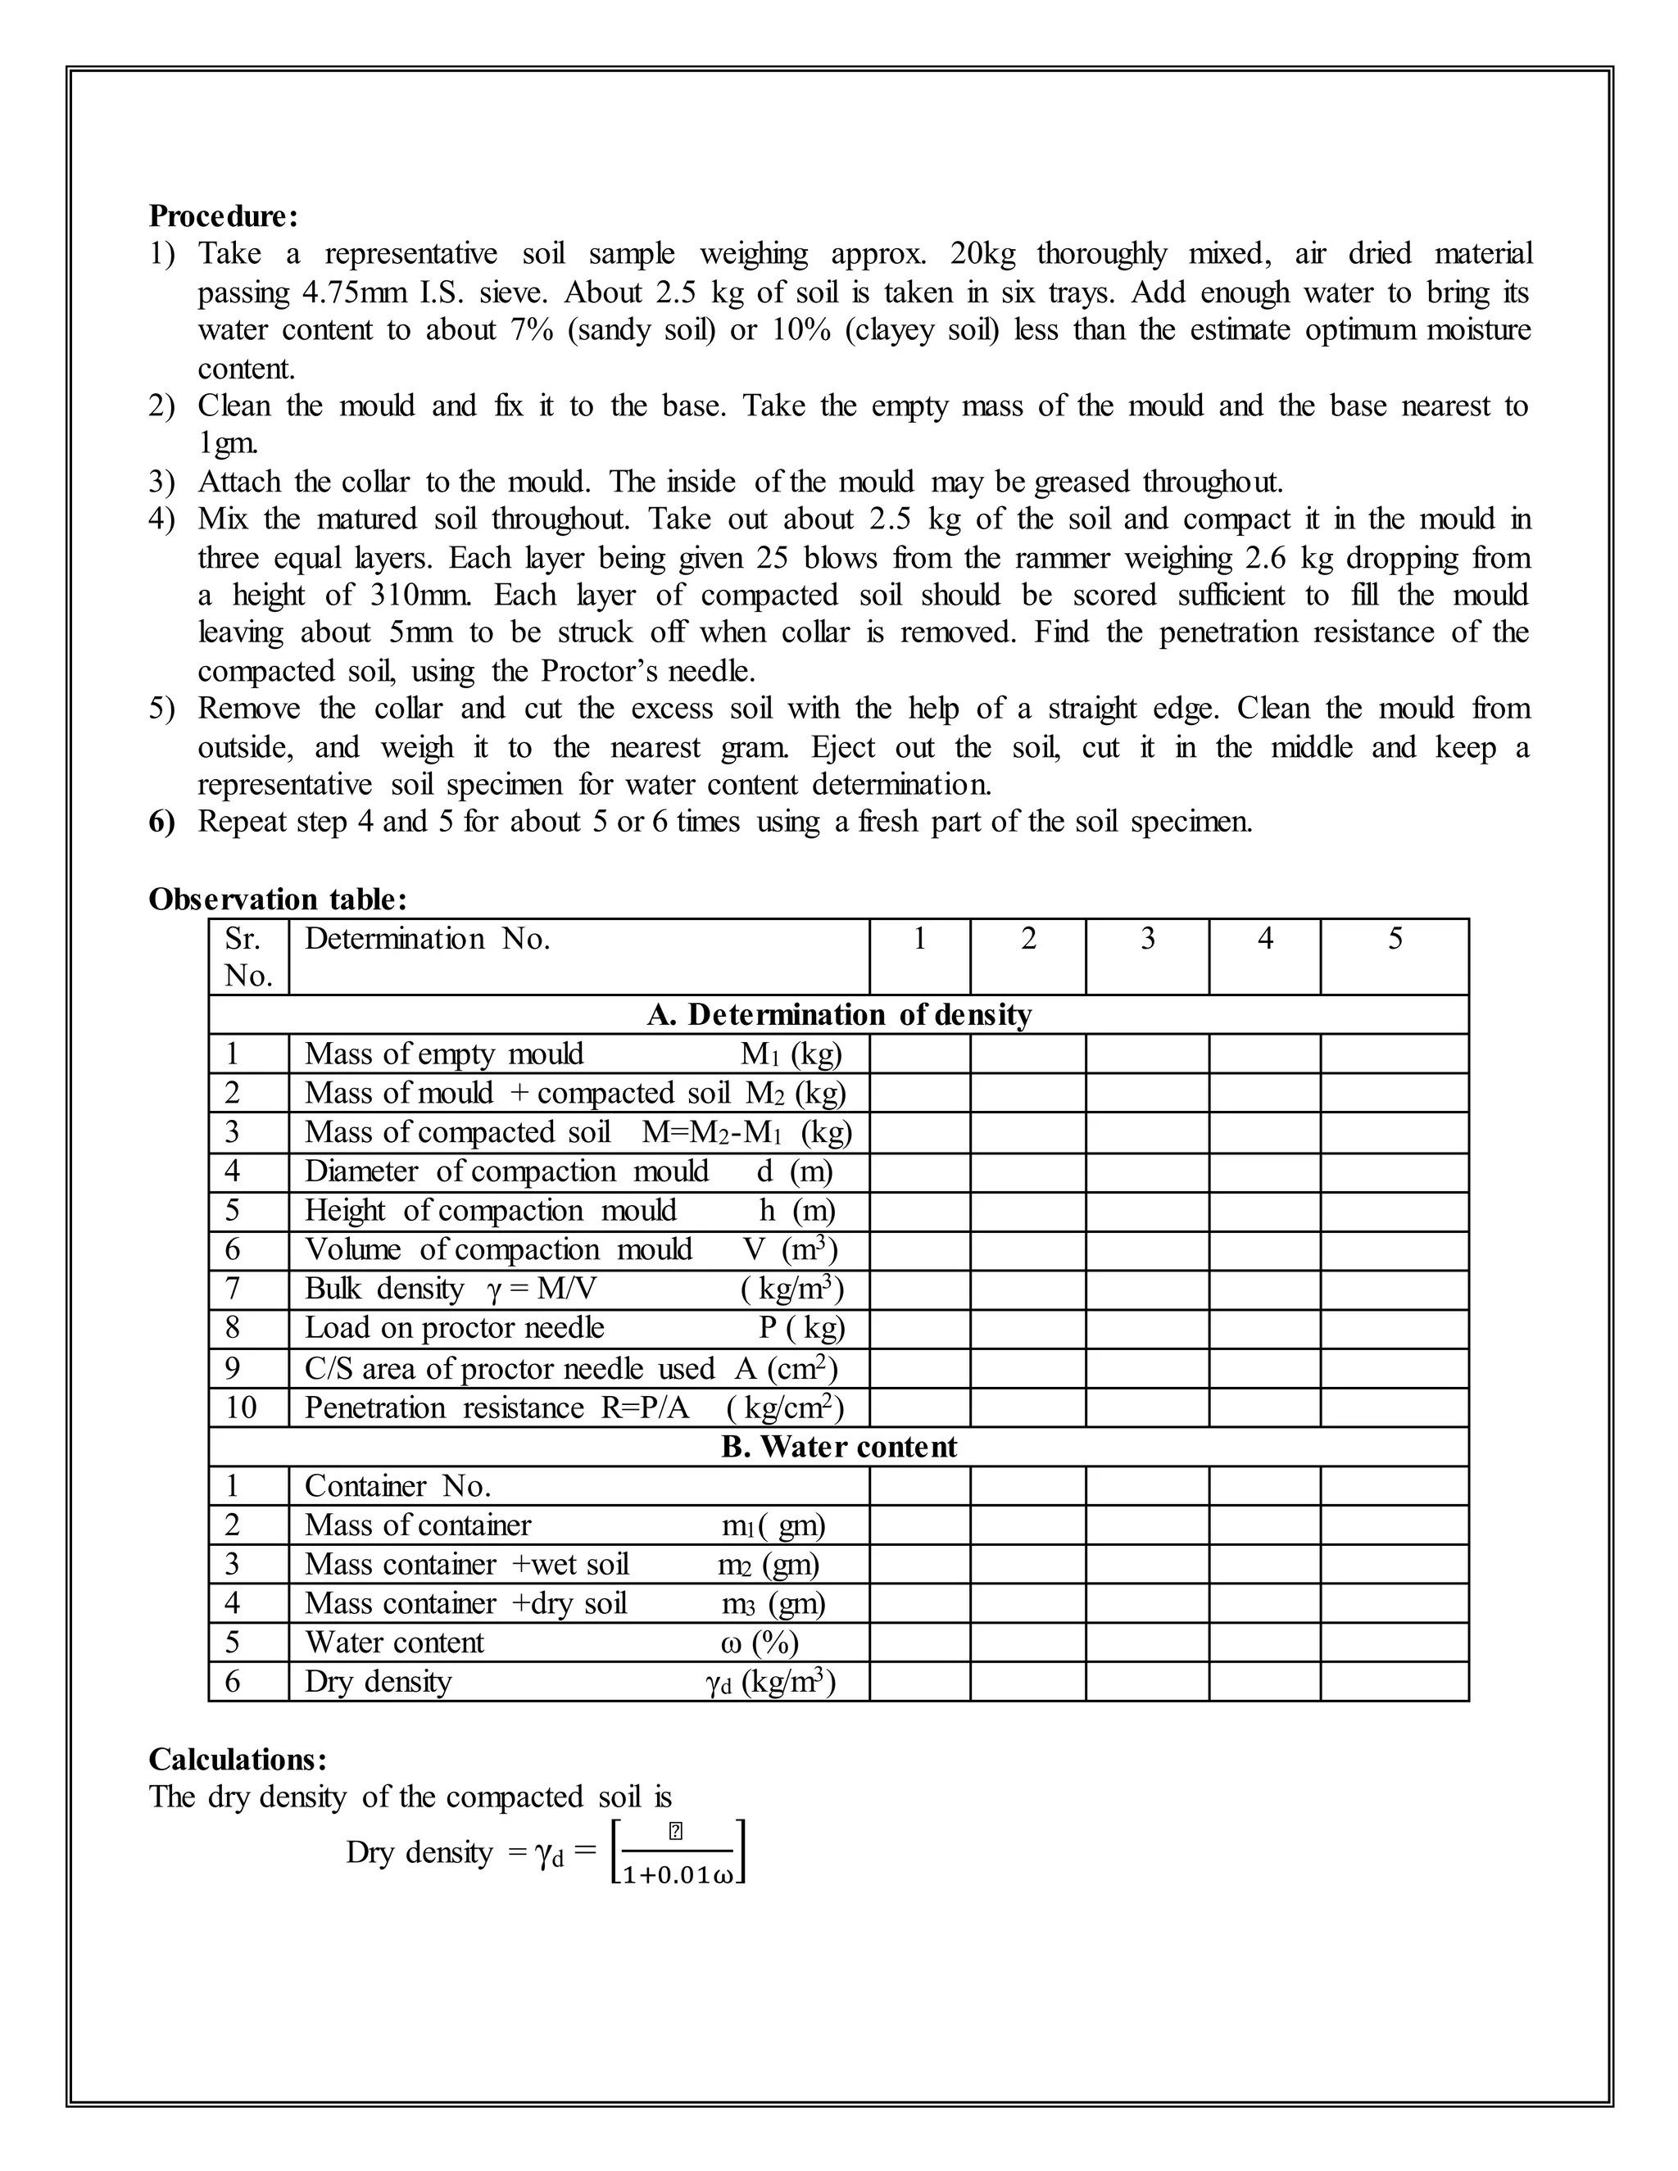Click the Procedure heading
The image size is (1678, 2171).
[223, 215]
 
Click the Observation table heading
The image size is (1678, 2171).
[278, 899]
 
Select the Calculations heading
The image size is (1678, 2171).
[237, 1760]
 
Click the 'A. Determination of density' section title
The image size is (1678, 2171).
[839, 1015]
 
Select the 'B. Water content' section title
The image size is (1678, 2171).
[839, 1448]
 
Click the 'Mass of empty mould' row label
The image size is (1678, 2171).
[444, 1054]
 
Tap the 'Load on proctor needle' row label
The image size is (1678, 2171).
[454, 1328]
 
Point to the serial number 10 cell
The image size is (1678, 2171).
[241, 1407]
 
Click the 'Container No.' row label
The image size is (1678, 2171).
[397, 1486]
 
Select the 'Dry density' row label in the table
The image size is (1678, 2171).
[378, 1682]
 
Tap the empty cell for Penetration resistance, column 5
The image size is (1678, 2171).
[1395, 1407]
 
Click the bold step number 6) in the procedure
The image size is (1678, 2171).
[162, 822]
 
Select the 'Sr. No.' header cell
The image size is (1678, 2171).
[248, 956]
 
